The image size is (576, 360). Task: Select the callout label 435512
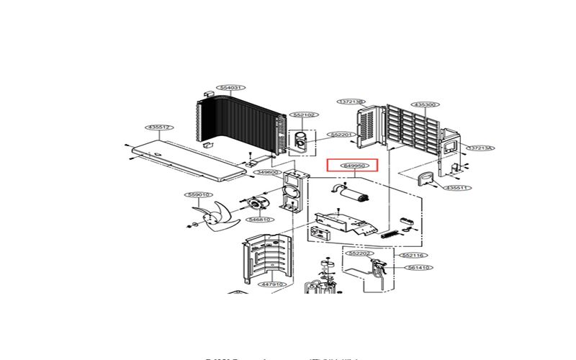(x=158, y=127)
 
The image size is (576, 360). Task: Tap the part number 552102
(x=304, y=115)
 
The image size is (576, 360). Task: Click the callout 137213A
(x=480, y=148)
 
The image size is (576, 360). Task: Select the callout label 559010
(x=198, y=195)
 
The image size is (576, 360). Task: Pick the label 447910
(x=272, y=284)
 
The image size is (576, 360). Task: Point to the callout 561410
(x=419, y=267)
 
